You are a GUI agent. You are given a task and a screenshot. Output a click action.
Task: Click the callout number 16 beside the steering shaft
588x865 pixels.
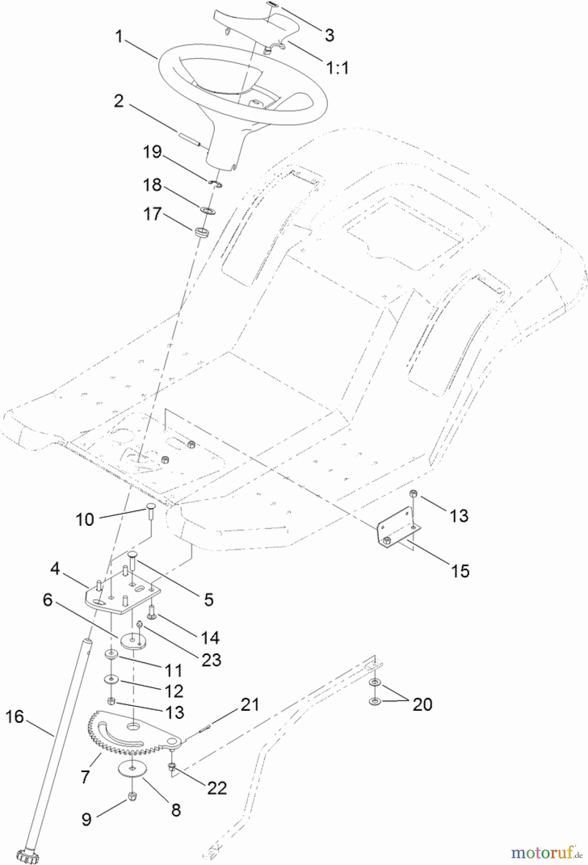point(14,717)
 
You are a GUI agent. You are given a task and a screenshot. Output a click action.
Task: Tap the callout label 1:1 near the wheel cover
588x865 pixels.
point(338,68)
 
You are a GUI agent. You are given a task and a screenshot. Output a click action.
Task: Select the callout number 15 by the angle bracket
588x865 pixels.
point(460,571)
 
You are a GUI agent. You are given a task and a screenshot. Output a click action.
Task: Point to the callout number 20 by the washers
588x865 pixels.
point(422,704)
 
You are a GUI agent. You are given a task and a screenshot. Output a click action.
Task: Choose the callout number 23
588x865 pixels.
point(211,660)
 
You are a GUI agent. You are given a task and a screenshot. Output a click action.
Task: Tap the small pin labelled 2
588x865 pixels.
point(189,138)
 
